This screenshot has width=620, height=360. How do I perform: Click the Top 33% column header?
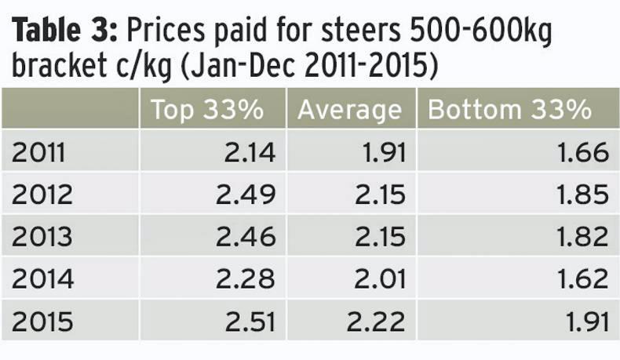(207, 110)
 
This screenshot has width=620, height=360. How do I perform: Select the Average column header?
(349, 110)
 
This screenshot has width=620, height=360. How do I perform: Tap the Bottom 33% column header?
(509, 110)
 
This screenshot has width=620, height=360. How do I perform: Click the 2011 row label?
(38, 151)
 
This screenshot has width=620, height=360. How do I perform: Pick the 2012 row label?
(42, 194)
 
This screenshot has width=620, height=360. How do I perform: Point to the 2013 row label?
(42, 236)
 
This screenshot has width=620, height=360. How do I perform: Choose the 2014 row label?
(42, 278)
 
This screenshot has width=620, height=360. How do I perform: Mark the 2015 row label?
(42, 321)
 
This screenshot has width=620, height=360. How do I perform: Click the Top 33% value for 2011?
(250, 151)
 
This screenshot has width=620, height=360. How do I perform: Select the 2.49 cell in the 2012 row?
(248, 194)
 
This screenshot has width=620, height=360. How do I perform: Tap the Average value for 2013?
(380, 236)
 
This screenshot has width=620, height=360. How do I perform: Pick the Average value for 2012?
(380, 194)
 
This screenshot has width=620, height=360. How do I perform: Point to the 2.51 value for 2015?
(250, 321)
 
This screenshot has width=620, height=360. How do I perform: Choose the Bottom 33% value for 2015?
(585, 321)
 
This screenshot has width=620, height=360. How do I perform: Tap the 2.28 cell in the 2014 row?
(248, 278)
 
